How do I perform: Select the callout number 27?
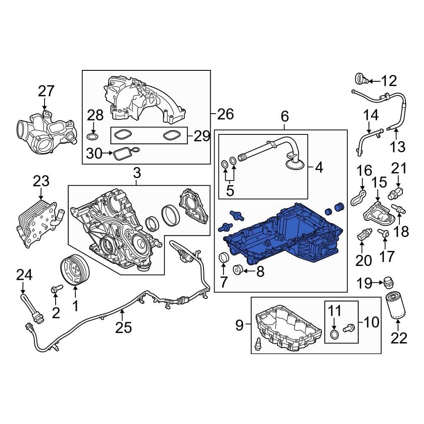(47, 91)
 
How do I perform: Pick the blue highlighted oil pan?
(288, 237)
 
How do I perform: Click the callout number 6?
(284, 115)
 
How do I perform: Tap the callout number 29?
(201, 136)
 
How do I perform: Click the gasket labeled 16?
(360, 197)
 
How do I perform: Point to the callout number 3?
(136, 173)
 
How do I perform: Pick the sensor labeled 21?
(395, 192)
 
